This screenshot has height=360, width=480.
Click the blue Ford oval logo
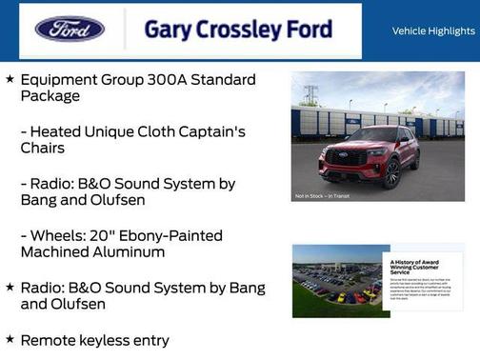pos(70,29)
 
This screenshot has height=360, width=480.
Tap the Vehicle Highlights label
pos(433,31)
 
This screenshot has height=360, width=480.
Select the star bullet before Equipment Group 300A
pos(10,79)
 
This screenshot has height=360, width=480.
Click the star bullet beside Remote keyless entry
pos(10,340)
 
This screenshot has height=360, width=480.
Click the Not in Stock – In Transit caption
pos(320,196)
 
